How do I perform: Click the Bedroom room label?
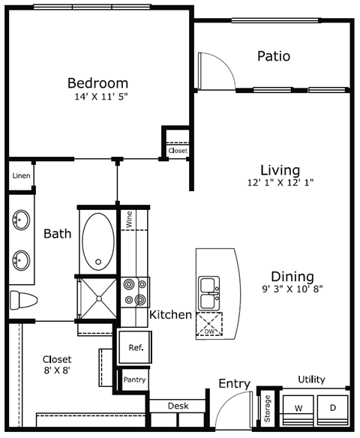[x=97, y=82]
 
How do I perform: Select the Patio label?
[x=273, y=56]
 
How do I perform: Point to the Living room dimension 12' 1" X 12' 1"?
[x=280, y=182]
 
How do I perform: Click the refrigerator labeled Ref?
[x=136, y=348]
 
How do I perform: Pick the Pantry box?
[x=134, y=380]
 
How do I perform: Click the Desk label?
[x=178, y=406]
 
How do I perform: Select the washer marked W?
[x=298, y=409]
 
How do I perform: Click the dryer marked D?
[x=331, y=409]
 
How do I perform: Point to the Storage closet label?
[x=267, y=409]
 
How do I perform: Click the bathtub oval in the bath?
[x=97, y=242]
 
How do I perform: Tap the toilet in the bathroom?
[x=23, y=300]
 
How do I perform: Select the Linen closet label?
[x=21, y=176]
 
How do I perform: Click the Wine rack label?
[x=130, y=219]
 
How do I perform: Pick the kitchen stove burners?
[x=134, y=292]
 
